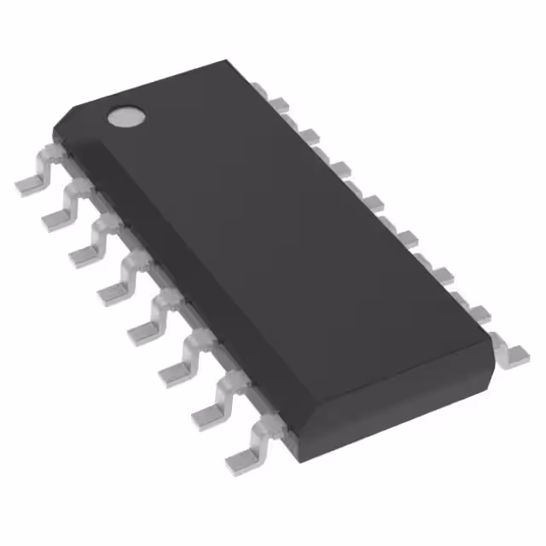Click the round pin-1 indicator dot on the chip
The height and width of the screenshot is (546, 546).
click(x=125, y=117)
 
